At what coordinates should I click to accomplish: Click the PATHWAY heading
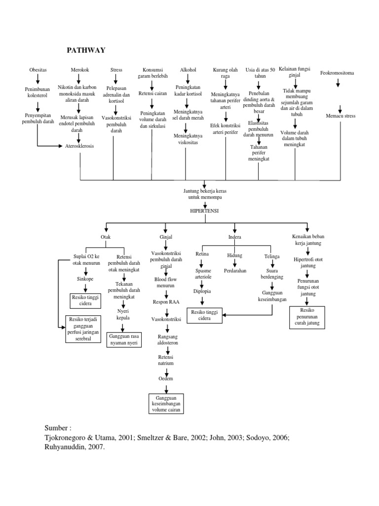point(86,50)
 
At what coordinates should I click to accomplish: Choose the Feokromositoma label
point(338,73)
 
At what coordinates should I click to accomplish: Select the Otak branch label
point(106,237)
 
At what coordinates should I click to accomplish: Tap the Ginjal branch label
point(166,237)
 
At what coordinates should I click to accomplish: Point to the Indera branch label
point(234,237)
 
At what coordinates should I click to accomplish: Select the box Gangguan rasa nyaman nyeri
point(123,339)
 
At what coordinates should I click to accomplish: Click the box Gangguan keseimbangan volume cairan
point(166,403)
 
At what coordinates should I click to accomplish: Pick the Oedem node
point(166,379)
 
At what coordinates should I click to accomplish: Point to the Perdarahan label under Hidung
point(235,271)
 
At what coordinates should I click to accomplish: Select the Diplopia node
point(203,291)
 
